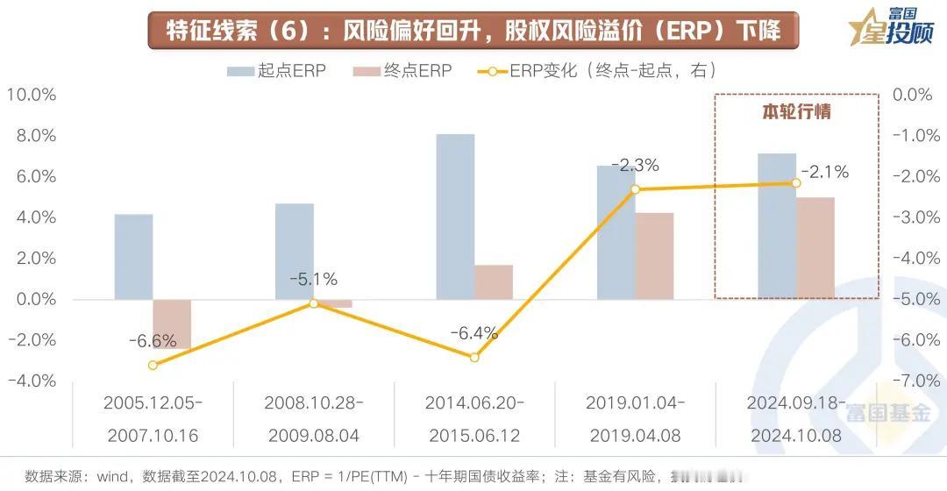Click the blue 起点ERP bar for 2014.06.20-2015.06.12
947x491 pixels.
(x=455, y=217)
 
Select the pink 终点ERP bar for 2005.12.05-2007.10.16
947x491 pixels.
(x=172, y=324)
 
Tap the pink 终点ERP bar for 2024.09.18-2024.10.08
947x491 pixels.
(x=815, y=248)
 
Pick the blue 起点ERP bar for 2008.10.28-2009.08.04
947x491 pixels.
(x=294, y=252)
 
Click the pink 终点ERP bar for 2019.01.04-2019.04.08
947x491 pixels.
(x=654, y=256)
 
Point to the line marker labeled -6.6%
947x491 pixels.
(x=153, y=365)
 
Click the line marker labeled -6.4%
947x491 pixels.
(x=474, y=357)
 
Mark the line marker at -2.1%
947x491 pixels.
(x=796, y=182)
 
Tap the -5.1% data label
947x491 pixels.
(x=313, y=280)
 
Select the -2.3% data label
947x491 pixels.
(x=635, y=165)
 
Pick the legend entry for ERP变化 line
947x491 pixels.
(x=596, y=71)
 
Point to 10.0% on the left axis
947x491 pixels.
(x=31, y=95)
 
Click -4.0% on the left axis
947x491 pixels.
(x=31, y=381)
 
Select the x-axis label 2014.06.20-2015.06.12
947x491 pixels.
(x=474, y=419)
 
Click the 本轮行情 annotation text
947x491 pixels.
(x=795, y=112)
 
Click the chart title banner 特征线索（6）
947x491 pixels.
(x=473, y=31)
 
